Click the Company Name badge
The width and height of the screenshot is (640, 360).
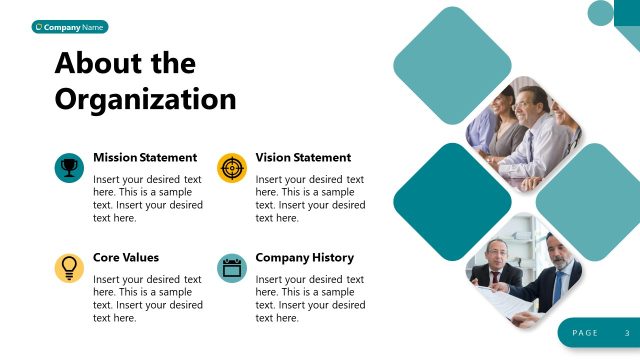click(70, 27)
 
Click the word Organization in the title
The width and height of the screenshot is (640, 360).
click(145, 99)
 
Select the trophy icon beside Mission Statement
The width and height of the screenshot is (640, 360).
click(68, 167)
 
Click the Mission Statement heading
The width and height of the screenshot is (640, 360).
click(145, 157)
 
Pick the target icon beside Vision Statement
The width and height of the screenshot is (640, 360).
click(231, 167)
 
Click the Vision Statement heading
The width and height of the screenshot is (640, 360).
click(303, 157)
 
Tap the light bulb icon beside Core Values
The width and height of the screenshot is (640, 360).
click(68, 267)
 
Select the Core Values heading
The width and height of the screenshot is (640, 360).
click(126, 257)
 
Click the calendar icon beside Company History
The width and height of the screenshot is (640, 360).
click(231, 267)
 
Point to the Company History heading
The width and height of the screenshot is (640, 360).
click(304, 257)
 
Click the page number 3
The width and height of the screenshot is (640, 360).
click(627, 333)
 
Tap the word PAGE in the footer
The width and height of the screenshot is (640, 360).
click(585, 333)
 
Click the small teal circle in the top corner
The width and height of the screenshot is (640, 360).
click(600, 13)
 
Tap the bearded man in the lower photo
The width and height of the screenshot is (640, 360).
click(560, 262)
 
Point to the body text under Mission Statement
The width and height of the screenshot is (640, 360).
click(147, 198)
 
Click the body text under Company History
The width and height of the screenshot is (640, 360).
click(310, 298)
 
